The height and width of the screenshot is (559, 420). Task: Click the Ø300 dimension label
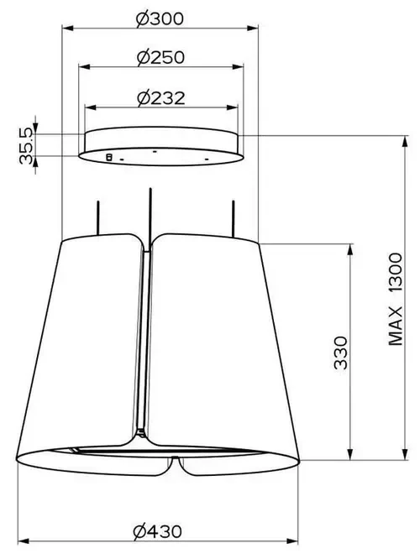point(160,19)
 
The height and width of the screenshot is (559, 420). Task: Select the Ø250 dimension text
point(161,57)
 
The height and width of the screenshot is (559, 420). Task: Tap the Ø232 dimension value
point(161,98)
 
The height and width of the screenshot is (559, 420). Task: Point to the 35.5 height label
point(26,146)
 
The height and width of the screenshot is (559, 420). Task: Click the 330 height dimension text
point(341,353)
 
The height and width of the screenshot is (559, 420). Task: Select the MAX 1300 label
point(396,299)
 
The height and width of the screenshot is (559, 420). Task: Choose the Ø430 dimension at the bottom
point(157,532)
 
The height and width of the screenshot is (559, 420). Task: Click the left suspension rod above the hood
point(97,218)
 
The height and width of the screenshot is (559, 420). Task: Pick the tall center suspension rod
point(150,217)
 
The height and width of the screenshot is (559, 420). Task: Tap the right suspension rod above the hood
point(233,218)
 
